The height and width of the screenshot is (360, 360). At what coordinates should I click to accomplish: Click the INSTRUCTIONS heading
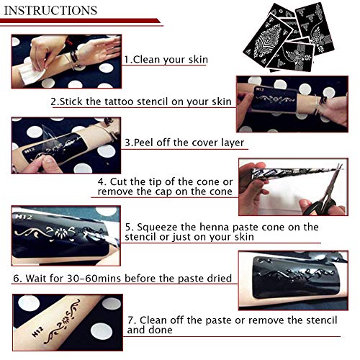(x=50, y=11)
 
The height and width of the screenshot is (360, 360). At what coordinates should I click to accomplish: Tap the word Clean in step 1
(x=146, y=60)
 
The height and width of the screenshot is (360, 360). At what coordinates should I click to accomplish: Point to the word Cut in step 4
(x=119, y=181)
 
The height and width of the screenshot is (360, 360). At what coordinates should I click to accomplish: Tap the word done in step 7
(x=161, y=330)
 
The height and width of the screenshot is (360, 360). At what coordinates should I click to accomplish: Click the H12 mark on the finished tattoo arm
(x=37, y=331)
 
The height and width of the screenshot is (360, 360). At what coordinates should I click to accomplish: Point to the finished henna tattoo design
(x=63, y=322)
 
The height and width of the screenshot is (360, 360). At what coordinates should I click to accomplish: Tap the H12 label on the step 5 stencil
(x=23, y=217)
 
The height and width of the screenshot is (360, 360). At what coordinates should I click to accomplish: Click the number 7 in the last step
(x=130, y=320)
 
